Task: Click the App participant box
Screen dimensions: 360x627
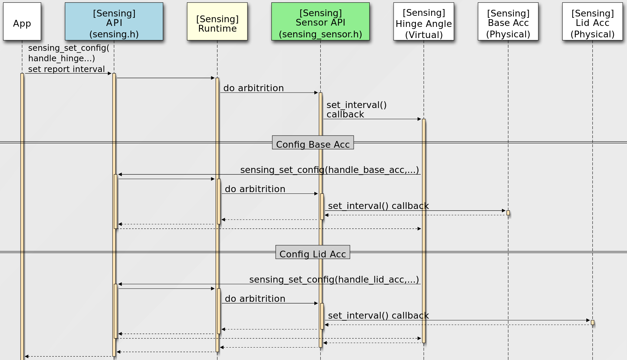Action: pos(22,22)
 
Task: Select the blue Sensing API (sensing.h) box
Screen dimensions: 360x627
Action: pos(114,22)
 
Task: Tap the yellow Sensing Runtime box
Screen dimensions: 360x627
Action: pos(217,22)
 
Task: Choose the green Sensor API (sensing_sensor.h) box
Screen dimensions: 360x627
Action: pos(320,22)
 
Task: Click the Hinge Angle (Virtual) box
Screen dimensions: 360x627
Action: pos(424,22)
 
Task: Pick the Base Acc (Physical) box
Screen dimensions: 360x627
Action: pos(508,22)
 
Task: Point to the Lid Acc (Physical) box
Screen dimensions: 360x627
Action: pos(592,22)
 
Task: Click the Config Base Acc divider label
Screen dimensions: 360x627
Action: pos(313,143)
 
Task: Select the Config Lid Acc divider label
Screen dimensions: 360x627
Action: pos(313,252)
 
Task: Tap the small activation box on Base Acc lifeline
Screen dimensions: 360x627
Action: pos(508,213)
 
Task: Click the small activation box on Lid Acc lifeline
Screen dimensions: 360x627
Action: pos(592,323)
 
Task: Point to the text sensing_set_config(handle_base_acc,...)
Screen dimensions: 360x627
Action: pos(329,170)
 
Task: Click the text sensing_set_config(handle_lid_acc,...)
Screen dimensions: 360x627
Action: pos(334,280)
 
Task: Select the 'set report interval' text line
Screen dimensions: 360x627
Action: pos(66,69)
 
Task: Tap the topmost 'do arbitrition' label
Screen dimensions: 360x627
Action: pos(253,88)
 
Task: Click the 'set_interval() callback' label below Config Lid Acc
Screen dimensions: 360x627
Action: pos(378,316)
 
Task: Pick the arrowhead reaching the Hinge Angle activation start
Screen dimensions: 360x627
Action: pos(419,119)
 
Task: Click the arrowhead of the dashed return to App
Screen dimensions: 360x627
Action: pos(27,356)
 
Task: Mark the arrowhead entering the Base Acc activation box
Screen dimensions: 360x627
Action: pos(504,211)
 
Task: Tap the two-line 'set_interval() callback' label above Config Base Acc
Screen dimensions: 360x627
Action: pos(356,110)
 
